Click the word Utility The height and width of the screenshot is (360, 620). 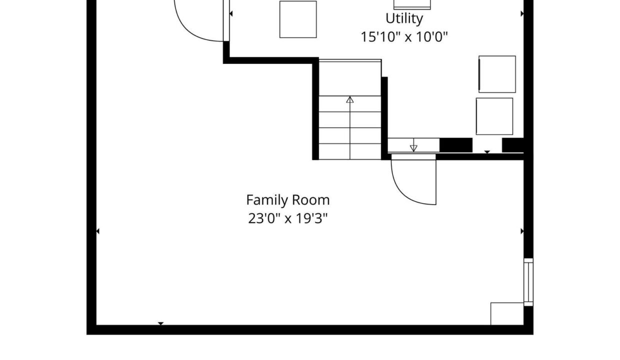tap(404, 19)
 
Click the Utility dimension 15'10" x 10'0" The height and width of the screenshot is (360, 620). tap(404, 37)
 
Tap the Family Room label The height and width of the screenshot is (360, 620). tap(288, 200)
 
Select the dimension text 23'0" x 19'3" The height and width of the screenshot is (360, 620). tap(288, 218)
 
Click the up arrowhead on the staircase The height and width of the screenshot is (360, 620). tap(350, 99)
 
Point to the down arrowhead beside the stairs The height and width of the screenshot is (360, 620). tap(413, 148)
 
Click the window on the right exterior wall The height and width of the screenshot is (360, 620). tap(528, 282)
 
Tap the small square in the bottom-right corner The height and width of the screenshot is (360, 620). tap(507, 314)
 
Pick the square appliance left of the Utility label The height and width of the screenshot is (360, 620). tap(298, 19)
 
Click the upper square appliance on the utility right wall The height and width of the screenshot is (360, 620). tap(497, 74)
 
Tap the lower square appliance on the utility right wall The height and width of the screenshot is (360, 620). tap(494, 116)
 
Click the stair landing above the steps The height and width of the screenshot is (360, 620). tap(350, 78)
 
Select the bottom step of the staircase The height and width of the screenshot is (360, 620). tap(350, 151)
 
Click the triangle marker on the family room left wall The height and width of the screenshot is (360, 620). tap(97, 231)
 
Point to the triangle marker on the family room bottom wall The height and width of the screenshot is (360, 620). tap(160, 323)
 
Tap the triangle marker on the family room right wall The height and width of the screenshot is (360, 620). tap(522, 231)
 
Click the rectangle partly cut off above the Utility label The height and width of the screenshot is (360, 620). tap(412, 4)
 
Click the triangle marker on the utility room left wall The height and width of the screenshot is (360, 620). tap(231, 13)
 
